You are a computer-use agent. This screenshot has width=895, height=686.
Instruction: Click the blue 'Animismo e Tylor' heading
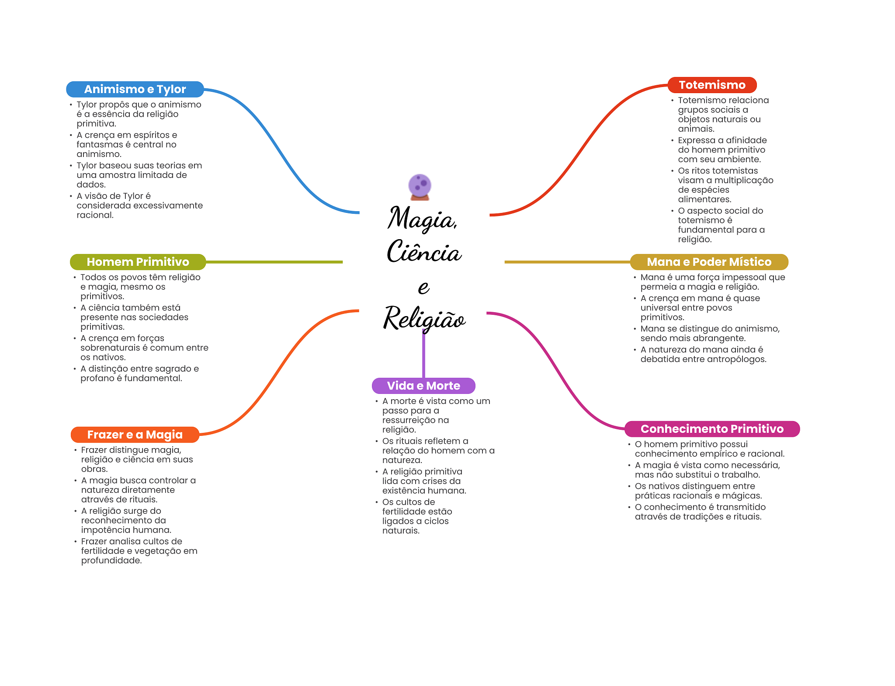click(135, 89)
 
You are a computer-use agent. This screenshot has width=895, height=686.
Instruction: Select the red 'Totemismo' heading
click(711, 85)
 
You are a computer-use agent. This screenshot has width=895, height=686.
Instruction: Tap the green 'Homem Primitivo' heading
click(138, 262)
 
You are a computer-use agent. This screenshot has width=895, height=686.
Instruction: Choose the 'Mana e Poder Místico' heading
click(709, 262)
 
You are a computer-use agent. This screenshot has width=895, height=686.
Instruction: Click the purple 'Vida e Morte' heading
click(423, 386)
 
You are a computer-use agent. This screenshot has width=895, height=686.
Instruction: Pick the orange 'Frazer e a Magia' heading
click(135, 435)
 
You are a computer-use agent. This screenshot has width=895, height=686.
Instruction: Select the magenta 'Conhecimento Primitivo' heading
click(712, 429)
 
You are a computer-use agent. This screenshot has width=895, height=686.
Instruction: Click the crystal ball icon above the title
click(420, 186)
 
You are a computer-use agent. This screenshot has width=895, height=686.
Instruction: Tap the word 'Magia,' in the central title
click(422, 219)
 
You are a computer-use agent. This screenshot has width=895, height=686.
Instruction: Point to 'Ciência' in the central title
click(424, 252)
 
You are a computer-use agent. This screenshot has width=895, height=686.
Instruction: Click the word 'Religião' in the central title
click(424, 318)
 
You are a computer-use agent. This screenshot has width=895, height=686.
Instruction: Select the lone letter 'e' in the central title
click(423, 287)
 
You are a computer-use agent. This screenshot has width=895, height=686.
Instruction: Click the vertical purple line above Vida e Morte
click(423, 354)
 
